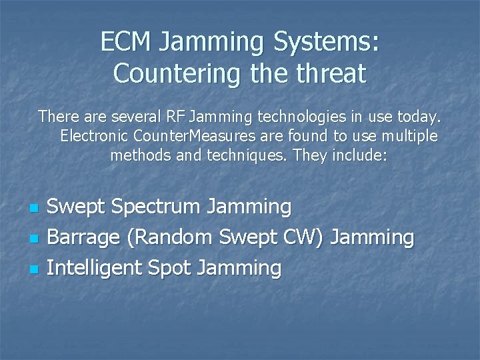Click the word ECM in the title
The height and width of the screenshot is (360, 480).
click(x=127, y=43)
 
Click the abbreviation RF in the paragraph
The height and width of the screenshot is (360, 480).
click(x=175, y=117)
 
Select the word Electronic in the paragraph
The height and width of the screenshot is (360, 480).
click(x=95, y=136)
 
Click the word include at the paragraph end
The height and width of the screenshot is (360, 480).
click(x=361, y=156)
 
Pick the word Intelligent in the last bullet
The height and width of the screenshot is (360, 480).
click(x=95, y=269)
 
